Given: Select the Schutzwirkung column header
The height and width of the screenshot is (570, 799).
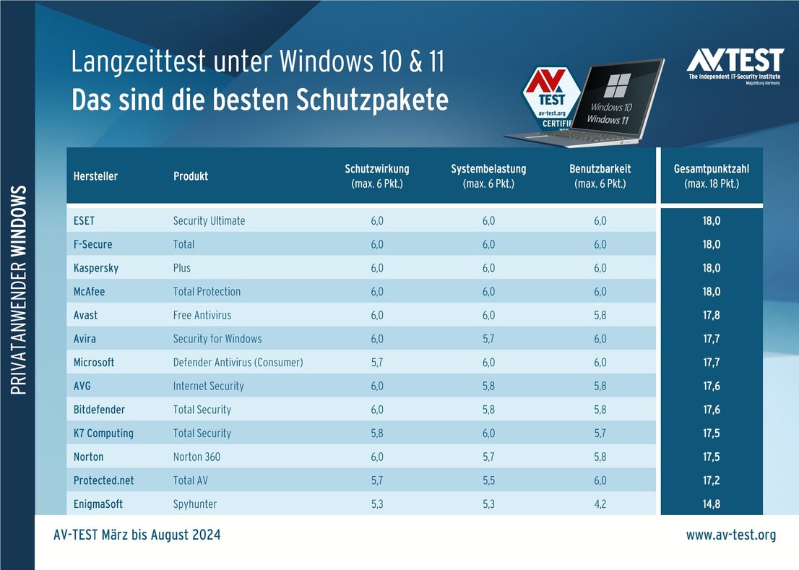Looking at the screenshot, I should pyautogui.click(x=376, y=176).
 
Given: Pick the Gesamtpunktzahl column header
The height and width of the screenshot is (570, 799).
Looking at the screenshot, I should pyautogui.click(x=711, y=176).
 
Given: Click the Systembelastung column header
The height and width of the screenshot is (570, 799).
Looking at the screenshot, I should pyautogui.click(x=488, y=176).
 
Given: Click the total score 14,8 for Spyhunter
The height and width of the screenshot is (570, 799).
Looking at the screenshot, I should pyautogui.click(x=711, y=504).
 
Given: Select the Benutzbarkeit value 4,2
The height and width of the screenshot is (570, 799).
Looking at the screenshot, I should pyautogui.click(x=600, y=504).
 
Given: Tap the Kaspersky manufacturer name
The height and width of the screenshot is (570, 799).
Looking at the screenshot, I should pyautogui.click(x=96, y=268).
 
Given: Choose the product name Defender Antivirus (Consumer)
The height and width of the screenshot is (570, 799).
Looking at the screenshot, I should pyautogui.click(x=238, y=362).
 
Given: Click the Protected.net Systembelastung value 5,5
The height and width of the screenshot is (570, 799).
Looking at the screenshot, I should pyautogui.click(x=488, y=480).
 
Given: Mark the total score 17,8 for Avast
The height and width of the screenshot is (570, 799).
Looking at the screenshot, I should pyautogui.click(x=711, y=315).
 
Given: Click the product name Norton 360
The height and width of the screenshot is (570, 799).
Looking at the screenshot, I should pyautogui.click(x=196, y=457).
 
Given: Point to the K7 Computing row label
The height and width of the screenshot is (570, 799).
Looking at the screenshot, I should pyautogui.click(x=103, y=433).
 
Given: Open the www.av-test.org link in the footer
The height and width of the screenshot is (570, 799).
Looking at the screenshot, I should pyautogui.click(x=730, y=535).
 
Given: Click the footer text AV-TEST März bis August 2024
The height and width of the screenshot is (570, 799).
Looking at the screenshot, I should pyautogui.click(x=137, y=535).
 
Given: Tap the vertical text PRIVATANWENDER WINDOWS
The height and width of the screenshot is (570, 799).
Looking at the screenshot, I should pyautogui.click(x=20, y=290).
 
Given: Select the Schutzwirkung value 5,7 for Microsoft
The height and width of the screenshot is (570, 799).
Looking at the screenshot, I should pyautogui.click(x=376, y=362).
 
